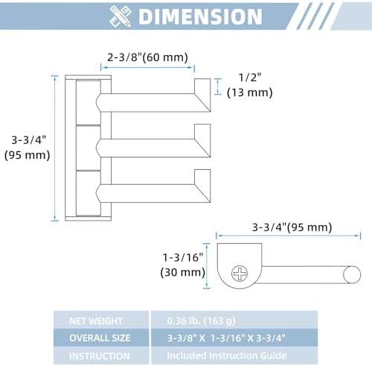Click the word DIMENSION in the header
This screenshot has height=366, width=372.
pos(200,16)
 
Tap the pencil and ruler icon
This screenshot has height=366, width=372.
pos(121,16)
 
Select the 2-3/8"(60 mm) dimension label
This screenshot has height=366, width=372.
pos(147,57)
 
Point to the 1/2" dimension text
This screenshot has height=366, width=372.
pos(250,78)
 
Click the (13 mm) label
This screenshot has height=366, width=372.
pos(250,92)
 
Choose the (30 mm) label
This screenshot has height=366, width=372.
pos(183,272)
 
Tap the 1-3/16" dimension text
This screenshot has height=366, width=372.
pos(183,257)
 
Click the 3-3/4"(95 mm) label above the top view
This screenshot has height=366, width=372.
pos(292,227)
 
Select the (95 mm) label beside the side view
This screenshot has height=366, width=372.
pos(28,155)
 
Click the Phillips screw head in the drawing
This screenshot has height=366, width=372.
pos(240,274)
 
